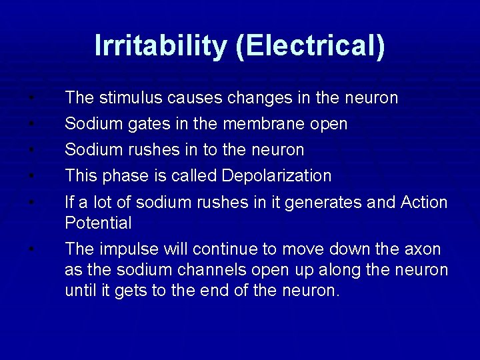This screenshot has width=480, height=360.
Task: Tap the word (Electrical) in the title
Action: [x=309, y=46]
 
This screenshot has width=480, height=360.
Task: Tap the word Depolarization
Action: [x=277, y=176]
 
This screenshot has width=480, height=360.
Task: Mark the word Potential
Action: [x=98, y=223]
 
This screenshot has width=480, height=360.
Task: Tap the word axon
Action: [x=423, y=249]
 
